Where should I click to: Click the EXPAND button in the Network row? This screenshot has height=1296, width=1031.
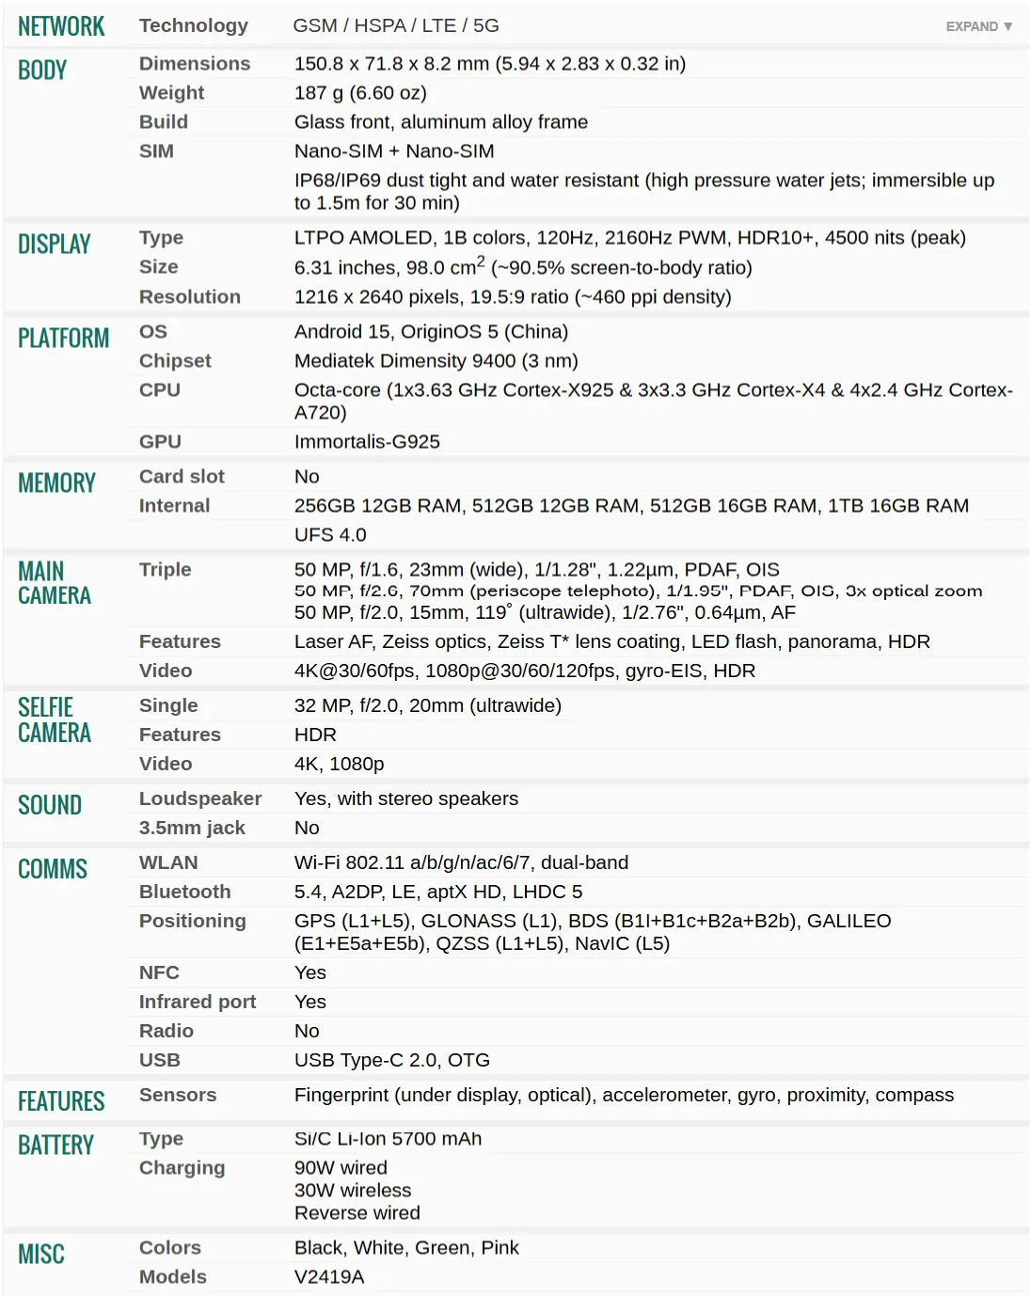coord(978,26)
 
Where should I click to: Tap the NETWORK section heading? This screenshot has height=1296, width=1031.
coord(61,26)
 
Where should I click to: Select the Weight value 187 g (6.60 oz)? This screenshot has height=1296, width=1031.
coord(360,93)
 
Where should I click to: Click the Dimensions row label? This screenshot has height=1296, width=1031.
coord(195,64)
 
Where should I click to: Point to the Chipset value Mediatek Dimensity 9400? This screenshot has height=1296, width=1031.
coord(436,361)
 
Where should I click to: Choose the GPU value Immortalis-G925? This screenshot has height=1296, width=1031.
coord(367,442)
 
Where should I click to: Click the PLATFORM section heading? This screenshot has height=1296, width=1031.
coord(63,339)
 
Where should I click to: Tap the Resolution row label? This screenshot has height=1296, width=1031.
coord(190,297)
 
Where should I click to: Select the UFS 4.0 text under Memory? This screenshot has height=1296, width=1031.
coord(330,535)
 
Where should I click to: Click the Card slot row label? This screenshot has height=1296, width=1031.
coord(182,477)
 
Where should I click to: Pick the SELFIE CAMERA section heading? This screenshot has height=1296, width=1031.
coord(55,720)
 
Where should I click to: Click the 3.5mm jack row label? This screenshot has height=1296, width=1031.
coord(192,829)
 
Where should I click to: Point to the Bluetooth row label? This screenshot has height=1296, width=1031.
coord(184,893)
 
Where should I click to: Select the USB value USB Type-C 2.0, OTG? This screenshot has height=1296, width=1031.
coord(391,1061)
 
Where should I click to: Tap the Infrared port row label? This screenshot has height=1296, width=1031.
coord(198,1003)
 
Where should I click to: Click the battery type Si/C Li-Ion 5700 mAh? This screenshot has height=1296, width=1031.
coord(388,1140)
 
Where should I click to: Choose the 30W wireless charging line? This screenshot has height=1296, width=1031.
coord(353,1191)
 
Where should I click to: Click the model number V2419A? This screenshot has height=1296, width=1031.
coord(329,1277)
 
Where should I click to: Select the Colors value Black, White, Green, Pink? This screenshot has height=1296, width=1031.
coord(406,1248)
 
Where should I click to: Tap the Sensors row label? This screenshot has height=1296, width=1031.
coord(178,1096)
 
